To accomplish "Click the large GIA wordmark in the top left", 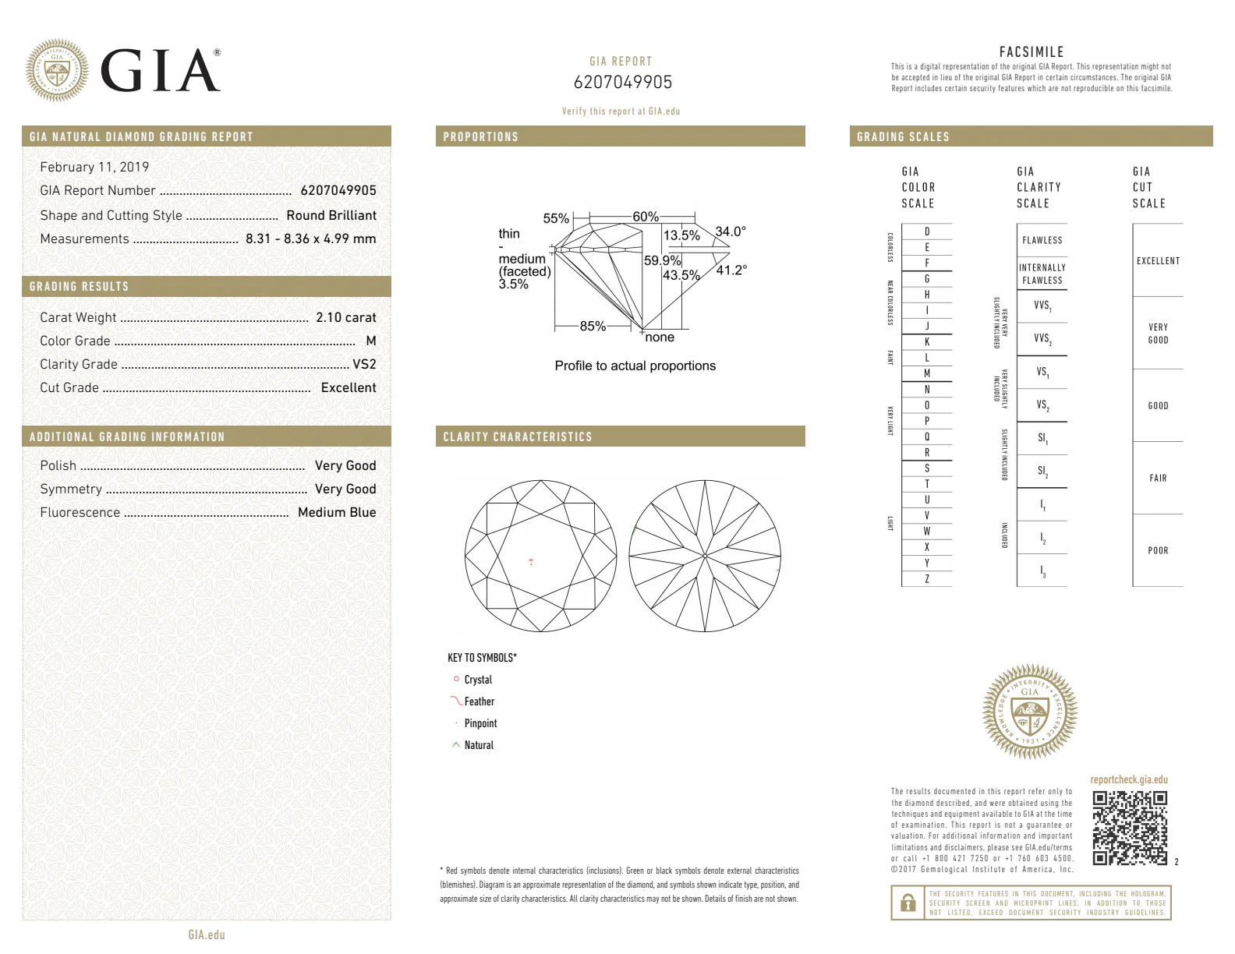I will pyautogui.click(x=161, y=71).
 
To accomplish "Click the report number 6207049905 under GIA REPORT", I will pyautogui.click(x=622, y=83).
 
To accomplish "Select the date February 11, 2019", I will pyautogui.click(x=94, y=167).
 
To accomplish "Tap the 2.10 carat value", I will pyautogui.click(x=345, y=317).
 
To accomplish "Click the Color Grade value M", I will pyautogui.click(x=371, y=341).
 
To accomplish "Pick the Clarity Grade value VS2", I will pyautogui.click(x=364, y=364).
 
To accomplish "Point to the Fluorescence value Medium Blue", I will pyautogui.click(x=337, y=512).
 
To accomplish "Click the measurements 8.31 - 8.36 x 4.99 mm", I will pyautogui.click(x=310, y=238).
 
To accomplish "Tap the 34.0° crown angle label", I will pyautogui.click(x=731, y=231).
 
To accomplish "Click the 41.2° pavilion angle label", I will pyautogui.click(x=731, y=270).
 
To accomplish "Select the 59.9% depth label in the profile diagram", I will pyautogui.click(x=662, y=260).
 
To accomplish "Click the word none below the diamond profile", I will pyautogui.click(x=660, y=337).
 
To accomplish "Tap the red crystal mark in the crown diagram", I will pyautogui.click(x=532, y=561).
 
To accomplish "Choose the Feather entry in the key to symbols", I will pyautogui.click(x=479, y=701).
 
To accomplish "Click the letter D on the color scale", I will pyautogui.click(x=927, y=231).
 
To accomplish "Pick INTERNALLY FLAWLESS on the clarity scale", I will pyautogui.click(x=1042, y=274).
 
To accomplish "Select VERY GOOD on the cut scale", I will pyautogui.click(x=1158, y=334).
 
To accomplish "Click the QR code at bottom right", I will pyautogui.click(x=1129, y=828).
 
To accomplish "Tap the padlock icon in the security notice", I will pyautogui.click(x=908, y=903).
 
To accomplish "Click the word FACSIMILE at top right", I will pyautogui.click(x=1032, y=52).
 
